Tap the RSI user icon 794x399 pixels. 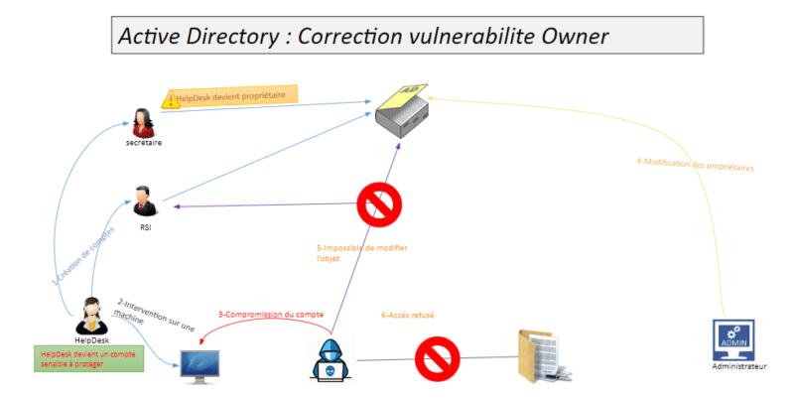[146, 199]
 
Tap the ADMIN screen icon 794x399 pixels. [734, 339]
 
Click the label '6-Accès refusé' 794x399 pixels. [408, 316]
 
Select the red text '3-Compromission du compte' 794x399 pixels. [271, 316]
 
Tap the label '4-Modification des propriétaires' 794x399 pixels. [695, 166]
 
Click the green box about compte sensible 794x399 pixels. [87, 358]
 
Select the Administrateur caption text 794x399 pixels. [739, 367]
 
